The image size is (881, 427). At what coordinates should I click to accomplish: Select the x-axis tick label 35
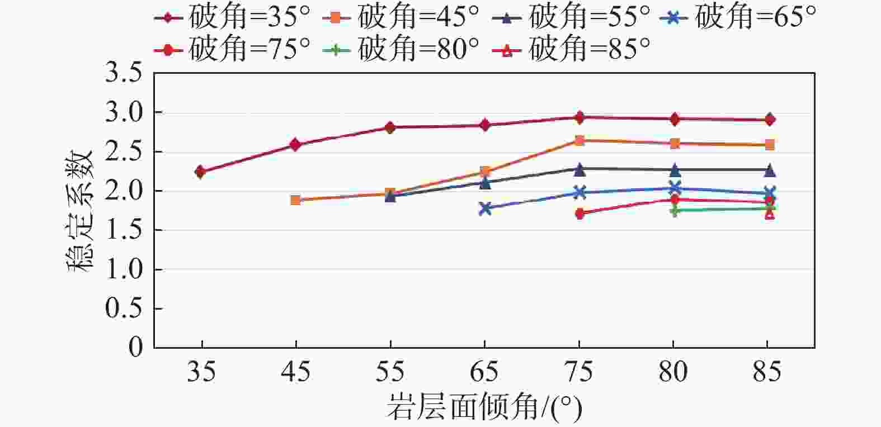point(201,372)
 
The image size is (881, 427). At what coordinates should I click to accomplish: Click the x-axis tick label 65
point(485,372)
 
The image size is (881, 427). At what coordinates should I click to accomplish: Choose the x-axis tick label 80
point(673,372)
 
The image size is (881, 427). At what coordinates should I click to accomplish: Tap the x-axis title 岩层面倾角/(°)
point(484,408)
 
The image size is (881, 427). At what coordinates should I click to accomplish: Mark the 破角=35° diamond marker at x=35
point(201,172)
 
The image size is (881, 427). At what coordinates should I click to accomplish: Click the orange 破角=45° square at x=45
point(296,200)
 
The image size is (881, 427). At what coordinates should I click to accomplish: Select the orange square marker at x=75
point(580,140)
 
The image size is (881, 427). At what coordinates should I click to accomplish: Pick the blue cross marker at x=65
point(485,208)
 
